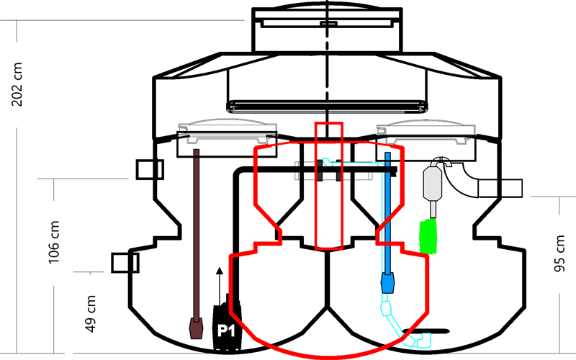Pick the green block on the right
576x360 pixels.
(x=428, y=237)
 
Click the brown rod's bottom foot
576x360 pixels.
(x=195, y=329)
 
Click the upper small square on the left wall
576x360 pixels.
(x=150, y=170)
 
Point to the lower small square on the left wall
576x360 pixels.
(x=123, y=262)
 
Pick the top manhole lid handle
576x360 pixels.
(x=328, y=24)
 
